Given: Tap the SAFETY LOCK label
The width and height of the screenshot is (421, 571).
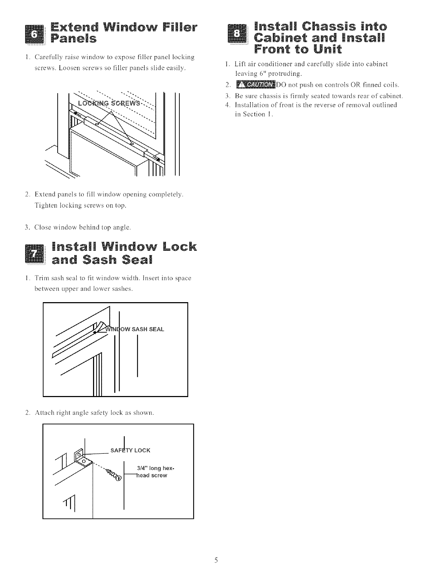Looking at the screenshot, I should coord(130,450).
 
